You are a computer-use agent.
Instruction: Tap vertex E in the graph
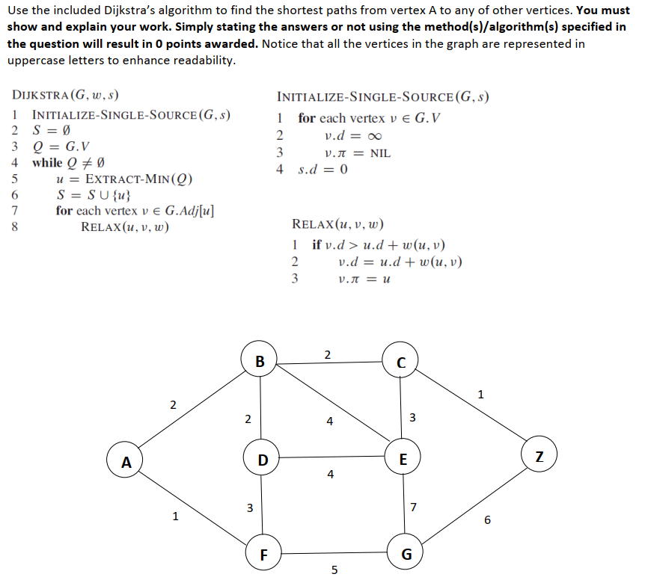point(403,457)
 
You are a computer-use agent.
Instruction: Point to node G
point(406,555)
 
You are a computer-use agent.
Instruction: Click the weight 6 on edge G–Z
point(487,520)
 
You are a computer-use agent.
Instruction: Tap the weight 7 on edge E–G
point(414,508)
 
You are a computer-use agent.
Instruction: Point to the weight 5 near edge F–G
point(334,570)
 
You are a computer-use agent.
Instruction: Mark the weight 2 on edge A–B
point(173,405)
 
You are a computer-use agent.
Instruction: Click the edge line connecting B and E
point(333,407)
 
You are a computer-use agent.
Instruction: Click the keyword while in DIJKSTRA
point(47,162)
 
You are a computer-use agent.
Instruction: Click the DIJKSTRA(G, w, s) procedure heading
point(66,96)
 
